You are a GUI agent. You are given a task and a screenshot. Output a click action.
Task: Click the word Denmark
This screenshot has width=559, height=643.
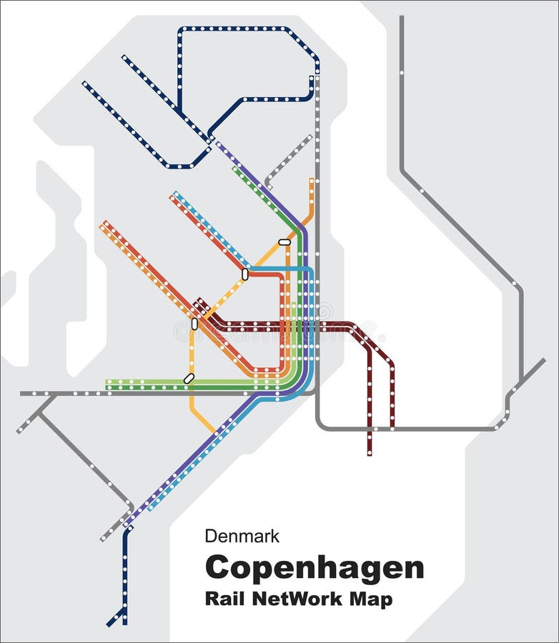click(242, 536)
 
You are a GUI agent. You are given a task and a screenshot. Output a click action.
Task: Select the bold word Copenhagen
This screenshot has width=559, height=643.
click(315, 569)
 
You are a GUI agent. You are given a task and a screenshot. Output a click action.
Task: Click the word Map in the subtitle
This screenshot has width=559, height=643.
click(374, 598)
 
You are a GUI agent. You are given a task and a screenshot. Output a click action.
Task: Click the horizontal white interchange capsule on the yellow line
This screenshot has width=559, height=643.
click(285, 242)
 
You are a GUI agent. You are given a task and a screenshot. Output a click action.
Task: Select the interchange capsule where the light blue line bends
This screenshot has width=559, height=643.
click(245, 274)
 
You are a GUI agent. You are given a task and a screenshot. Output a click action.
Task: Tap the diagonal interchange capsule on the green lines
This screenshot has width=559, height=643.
click(189, 379)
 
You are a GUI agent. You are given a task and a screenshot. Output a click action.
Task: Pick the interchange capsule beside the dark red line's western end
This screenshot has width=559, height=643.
click(194, 324)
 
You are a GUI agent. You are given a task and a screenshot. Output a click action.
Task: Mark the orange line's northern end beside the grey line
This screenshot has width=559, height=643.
click(312, 180)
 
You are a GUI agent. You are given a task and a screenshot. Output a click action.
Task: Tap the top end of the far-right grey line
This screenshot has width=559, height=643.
click(401, 17)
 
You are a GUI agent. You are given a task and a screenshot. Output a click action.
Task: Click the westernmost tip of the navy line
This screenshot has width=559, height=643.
click(84, 83)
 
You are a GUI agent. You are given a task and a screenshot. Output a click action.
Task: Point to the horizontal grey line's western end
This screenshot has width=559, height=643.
click(21, 394)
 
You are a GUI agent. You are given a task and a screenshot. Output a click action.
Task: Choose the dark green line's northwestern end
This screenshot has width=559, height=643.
click(234, 169)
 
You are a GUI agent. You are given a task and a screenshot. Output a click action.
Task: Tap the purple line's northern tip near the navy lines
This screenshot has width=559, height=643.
click(217, 144)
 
